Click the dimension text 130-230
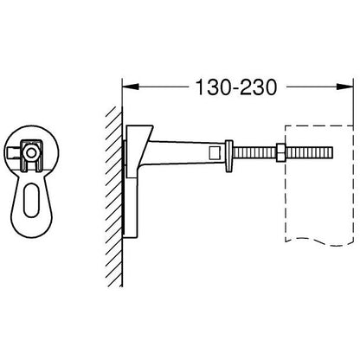[236, 87]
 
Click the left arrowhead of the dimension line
[131, 87]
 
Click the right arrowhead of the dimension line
[345, 87]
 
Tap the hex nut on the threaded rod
[280, 152]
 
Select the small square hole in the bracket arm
[214, 152]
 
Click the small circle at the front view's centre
[29, 153]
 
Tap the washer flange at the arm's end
[228, 157]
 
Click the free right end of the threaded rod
[332, 152]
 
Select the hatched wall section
[114, 196]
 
